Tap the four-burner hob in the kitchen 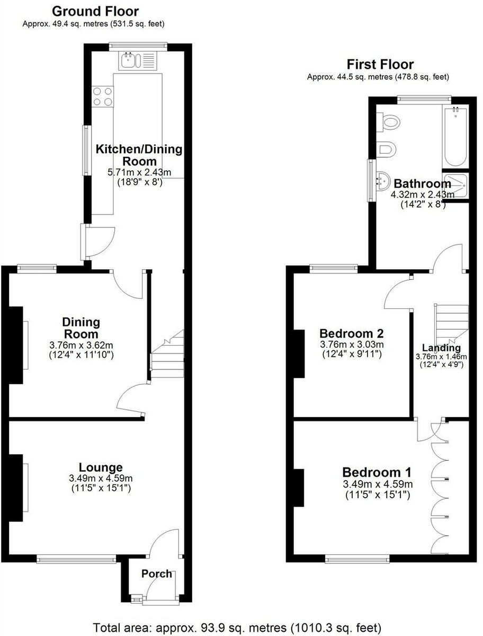point(103,96)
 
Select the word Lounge point(101,467)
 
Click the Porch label point(157,573)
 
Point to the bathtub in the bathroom point(455,136)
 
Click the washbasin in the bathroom point(383,180)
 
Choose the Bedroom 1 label point(377,472)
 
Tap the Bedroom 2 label point(351,333)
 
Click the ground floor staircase point(167,355)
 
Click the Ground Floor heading point(96,11)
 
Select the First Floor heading point(380,65)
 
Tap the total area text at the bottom point(237,626)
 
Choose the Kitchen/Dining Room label point(139,155)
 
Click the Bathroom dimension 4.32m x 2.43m point(423,195)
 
